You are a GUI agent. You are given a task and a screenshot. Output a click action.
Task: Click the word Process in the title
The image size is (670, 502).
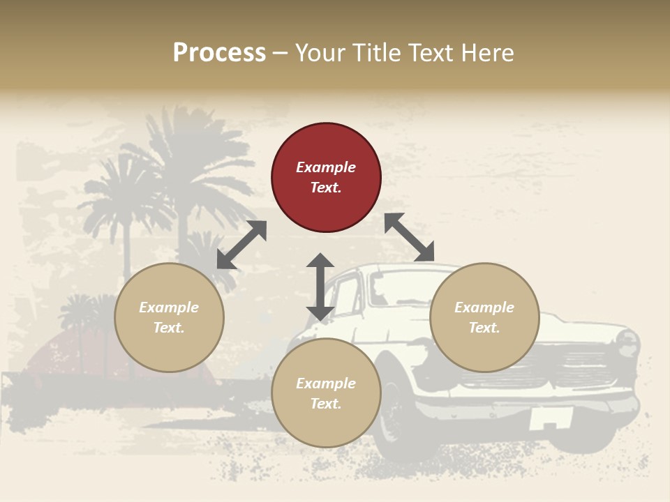(x=219, y=53)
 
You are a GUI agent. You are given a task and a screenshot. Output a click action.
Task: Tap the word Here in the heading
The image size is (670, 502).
(x=489, y=53)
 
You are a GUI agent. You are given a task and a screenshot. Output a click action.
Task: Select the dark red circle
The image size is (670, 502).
(x=326, y=178)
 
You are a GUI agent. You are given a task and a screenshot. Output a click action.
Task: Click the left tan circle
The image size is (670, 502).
(x=169, y=317)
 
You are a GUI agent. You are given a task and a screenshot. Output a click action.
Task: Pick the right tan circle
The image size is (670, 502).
(x=484, y=317)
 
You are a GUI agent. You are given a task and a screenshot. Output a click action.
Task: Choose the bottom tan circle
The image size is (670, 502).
(x=326, y=393)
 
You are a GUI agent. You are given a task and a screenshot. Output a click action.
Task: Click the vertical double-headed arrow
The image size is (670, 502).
(x=320, y=287)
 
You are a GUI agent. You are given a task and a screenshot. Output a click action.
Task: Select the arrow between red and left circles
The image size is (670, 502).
(x=241, y=245)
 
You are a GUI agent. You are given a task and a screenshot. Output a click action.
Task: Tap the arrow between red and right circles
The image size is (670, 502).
(x=410, y=237)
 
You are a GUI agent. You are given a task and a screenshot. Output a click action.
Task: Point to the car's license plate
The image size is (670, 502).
(x=551, y=418)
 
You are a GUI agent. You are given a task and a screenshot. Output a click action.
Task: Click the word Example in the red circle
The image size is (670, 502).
(x=326, y=167)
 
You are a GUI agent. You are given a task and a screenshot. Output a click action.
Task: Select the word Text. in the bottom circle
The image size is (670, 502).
(x=326, y=404)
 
